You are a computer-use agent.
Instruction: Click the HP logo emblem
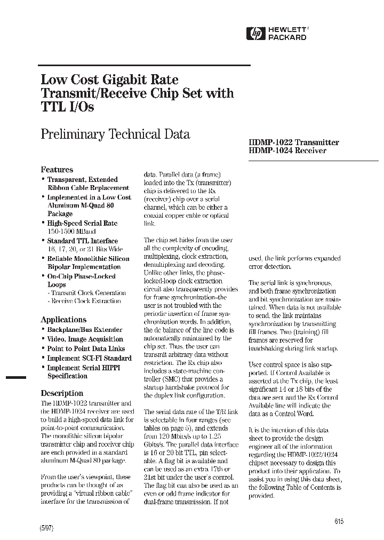[256, 34]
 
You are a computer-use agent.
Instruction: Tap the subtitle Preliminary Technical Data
[115, 134]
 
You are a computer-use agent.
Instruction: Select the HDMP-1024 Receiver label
[287, 151]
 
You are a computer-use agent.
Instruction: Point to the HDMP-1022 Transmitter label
[294, 142]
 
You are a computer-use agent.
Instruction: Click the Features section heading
[57, 170]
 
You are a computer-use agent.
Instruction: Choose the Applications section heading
[63, 319]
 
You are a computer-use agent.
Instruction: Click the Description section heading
[62, 393]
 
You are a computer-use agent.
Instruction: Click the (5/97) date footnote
[47, 528]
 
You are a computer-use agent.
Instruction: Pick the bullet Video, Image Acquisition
[85, 339]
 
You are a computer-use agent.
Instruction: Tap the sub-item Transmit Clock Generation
[87, 293]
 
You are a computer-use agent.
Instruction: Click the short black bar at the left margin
[15, 377]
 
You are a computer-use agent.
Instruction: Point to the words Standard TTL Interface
[82, 241]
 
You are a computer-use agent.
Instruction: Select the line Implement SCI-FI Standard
[89, 358]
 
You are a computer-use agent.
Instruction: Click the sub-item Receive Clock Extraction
[86, 301]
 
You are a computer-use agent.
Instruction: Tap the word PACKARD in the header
[287, 38]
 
